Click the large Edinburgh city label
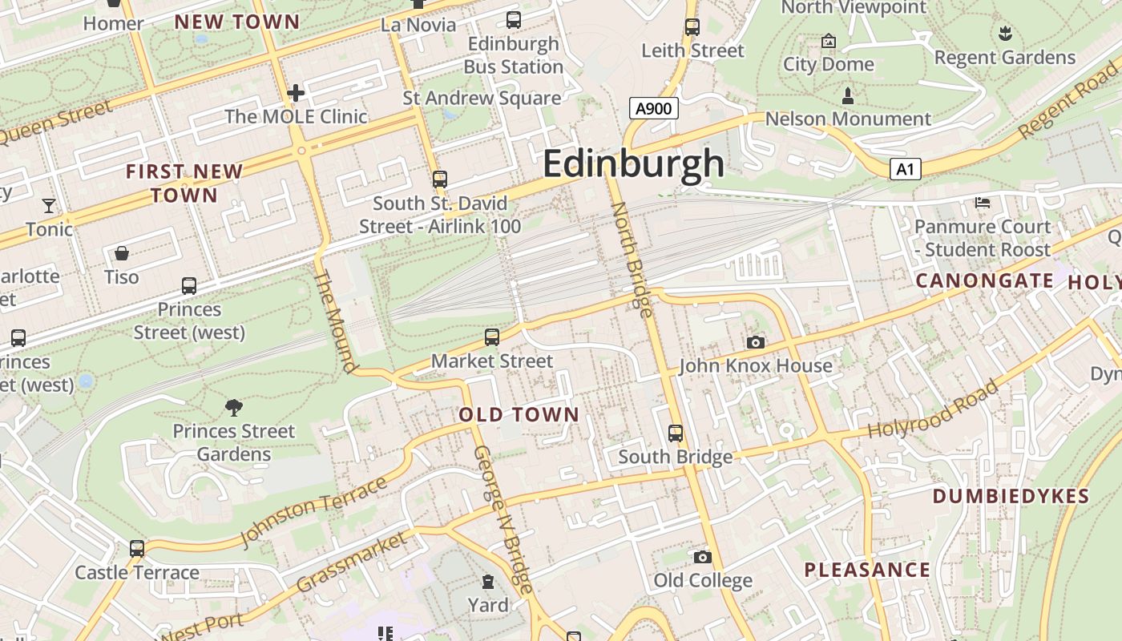coord(633,164)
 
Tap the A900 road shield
coord(653,108)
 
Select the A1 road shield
coord(905,169)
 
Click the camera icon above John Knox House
coord(755,343)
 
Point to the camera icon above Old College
coord(702,557)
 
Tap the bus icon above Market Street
coord(492,337)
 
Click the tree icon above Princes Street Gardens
coord(234,408)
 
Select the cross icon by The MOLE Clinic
coord(296,93)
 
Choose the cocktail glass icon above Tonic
coord(49,206)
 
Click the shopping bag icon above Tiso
coord(122,254)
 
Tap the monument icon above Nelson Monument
coord(847,97)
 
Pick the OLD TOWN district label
coord(519,414)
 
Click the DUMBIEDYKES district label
coord(1011,496)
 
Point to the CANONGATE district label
coord(985,280)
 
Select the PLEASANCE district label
coord(867,570)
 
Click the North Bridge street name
coord(632,259)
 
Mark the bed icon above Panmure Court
coord(983,203)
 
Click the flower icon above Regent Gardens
coord(1005,34)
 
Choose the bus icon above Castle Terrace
coord(137,549)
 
